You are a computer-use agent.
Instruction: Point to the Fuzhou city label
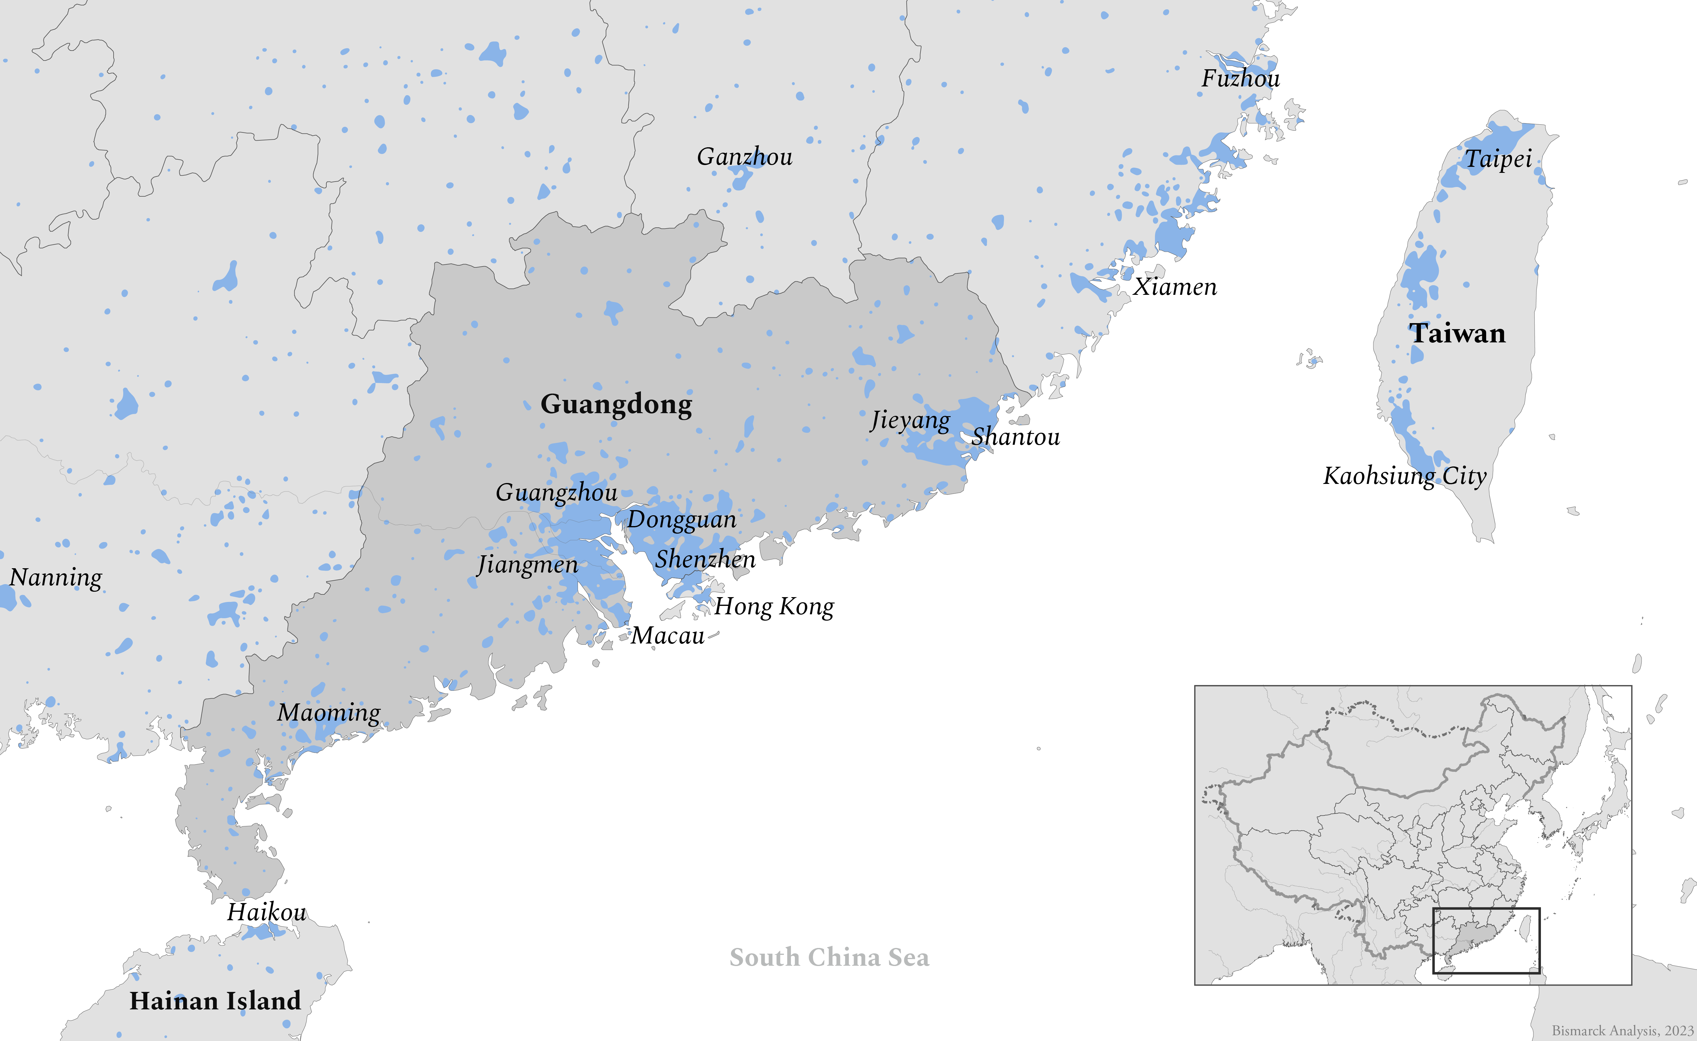(1241, 79)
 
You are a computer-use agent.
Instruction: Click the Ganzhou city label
(745, 157)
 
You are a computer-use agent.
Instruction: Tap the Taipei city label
(1498, 159)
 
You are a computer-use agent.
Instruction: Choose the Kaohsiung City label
(1404, 476)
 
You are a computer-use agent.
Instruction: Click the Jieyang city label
(910, 420)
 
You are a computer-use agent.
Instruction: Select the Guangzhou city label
(557, 492)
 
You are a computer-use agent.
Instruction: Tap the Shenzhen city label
(704, 559)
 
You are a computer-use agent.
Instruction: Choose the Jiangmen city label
(528, 565)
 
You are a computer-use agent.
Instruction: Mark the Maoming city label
(328, 712)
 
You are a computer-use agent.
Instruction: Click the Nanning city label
(56, 577)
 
